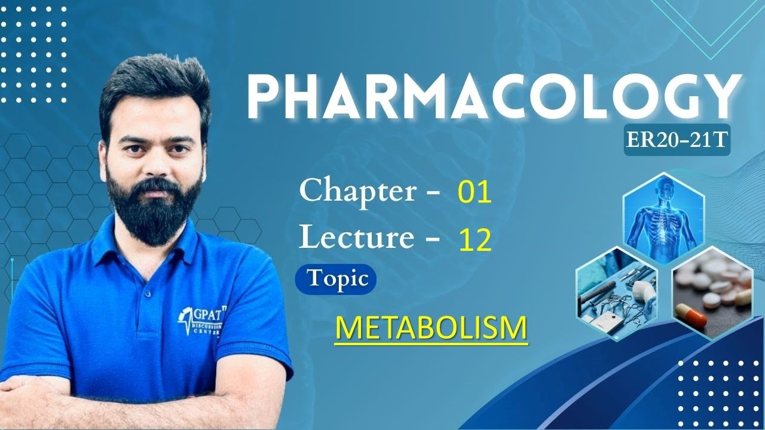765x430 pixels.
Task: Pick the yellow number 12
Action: (x=475, y=240)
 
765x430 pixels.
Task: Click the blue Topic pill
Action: (x=336, y=279)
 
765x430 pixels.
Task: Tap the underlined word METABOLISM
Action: (x=432, y=328)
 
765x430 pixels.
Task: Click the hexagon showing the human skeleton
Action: (x=663, y=218)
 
